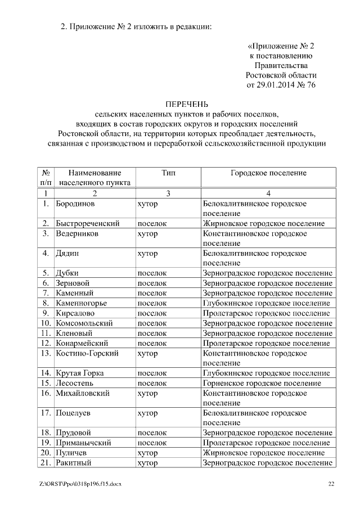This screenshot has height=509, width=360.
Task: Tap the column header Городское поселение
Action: point(268,173)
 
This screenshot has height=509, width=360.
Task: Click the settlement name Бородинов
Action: point(75,203)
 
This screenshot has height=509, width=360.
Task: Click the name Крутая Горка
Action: point(79,373)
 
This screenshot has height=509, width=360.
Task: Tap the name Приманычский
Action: point(83,443)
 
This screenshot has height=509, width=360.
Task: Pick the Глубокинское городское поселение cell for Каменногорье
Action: point(265,303)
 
